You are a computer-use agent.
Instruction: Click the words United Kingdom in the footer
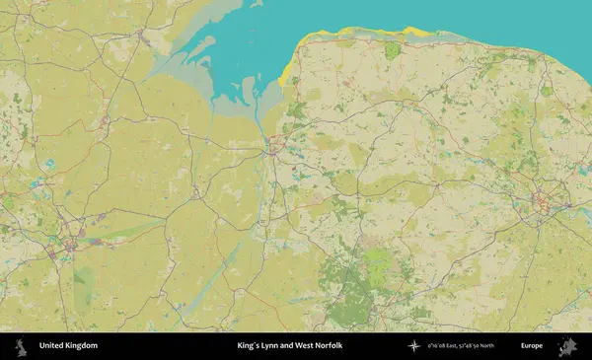coord(68,346)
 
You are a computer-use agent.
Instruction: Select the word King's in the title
coord(250,346)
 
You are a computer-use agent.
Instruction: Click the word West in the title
coord(311,346)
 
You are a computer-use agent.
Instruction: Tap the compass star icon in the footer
coord(413,346)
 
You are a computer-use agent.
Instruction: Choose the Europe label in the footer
coord(532,346)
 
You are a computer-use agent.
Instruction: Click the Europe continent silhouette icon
coord(567,346)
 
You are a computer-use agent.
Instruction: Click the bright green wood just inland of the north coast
coord(393,50)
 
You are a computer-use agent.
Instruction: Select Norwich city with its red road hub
coord(541,205)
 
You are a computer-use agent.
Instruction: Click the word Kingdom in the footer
coord(81,346)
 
